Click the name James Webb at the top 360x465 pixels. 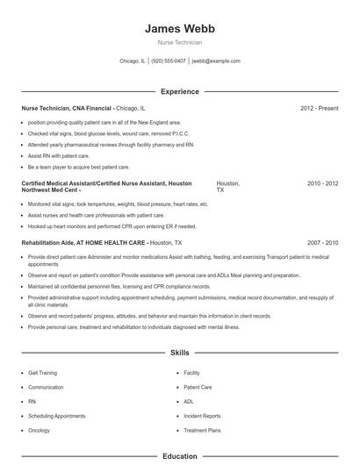(x=179, y=28)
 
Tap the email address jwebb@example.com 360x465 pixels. (x=216, y=61)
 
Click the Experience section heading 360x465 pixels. (x=179, y=91)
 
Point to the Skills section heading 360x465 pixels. (x=179, y=353)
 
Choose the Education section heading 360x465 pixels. (x=179, y=456)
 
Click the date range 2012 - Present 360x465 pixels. (x=319, y=108)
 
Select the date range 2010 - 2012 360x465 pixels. (x=322, y=183)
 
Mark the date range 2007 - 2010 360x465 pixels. (x=322, y=242)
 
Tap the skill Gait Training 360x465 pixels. (x=42, y=373)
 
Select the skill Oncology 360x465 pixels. (x=39, y=430)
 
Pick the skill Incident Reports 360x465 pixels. (x=202, y=416)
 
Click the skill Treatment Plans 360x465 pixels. (x=202, y=430)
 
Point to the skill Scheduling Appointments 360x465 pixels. (x=57, y=416)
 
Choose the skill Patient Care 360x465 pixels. (x=198, y=387)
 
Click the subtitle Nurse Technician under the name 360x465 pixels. (x=179, y=42)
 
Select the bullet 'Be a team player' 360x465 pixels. (x=78, y=167)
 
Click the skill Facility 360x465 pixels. (x=191, y=373)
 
